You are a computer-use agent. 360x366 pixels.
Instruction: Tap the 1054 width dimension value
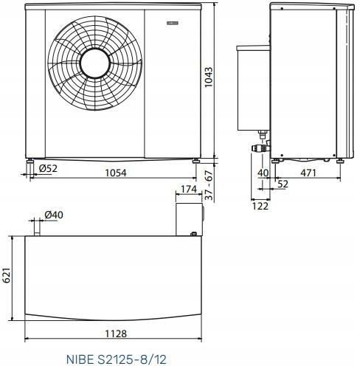coord(113,173)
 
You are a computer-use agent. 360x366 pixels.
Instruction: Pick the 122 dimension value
coord(260,208)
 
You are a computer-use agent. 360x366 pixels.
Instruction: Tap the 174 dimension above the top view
coord(188,190)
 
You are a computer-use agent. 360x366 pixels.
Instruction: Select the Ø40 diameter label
coord(54,215)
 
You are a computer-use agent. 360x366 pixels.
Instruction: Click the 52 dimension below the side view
coord(283,184)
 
